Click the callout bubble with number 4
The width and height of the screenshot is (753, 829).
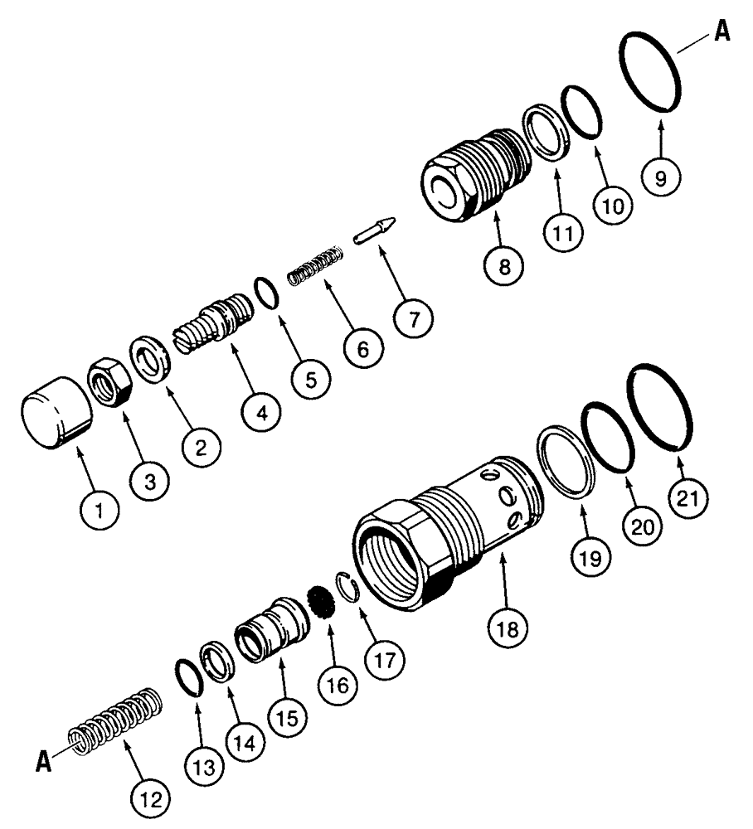point(261,412)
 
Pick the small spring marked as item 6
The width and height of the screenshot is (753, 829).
point(315,267)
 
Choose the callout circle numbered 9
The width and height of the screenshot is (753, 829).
point(661,177)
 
